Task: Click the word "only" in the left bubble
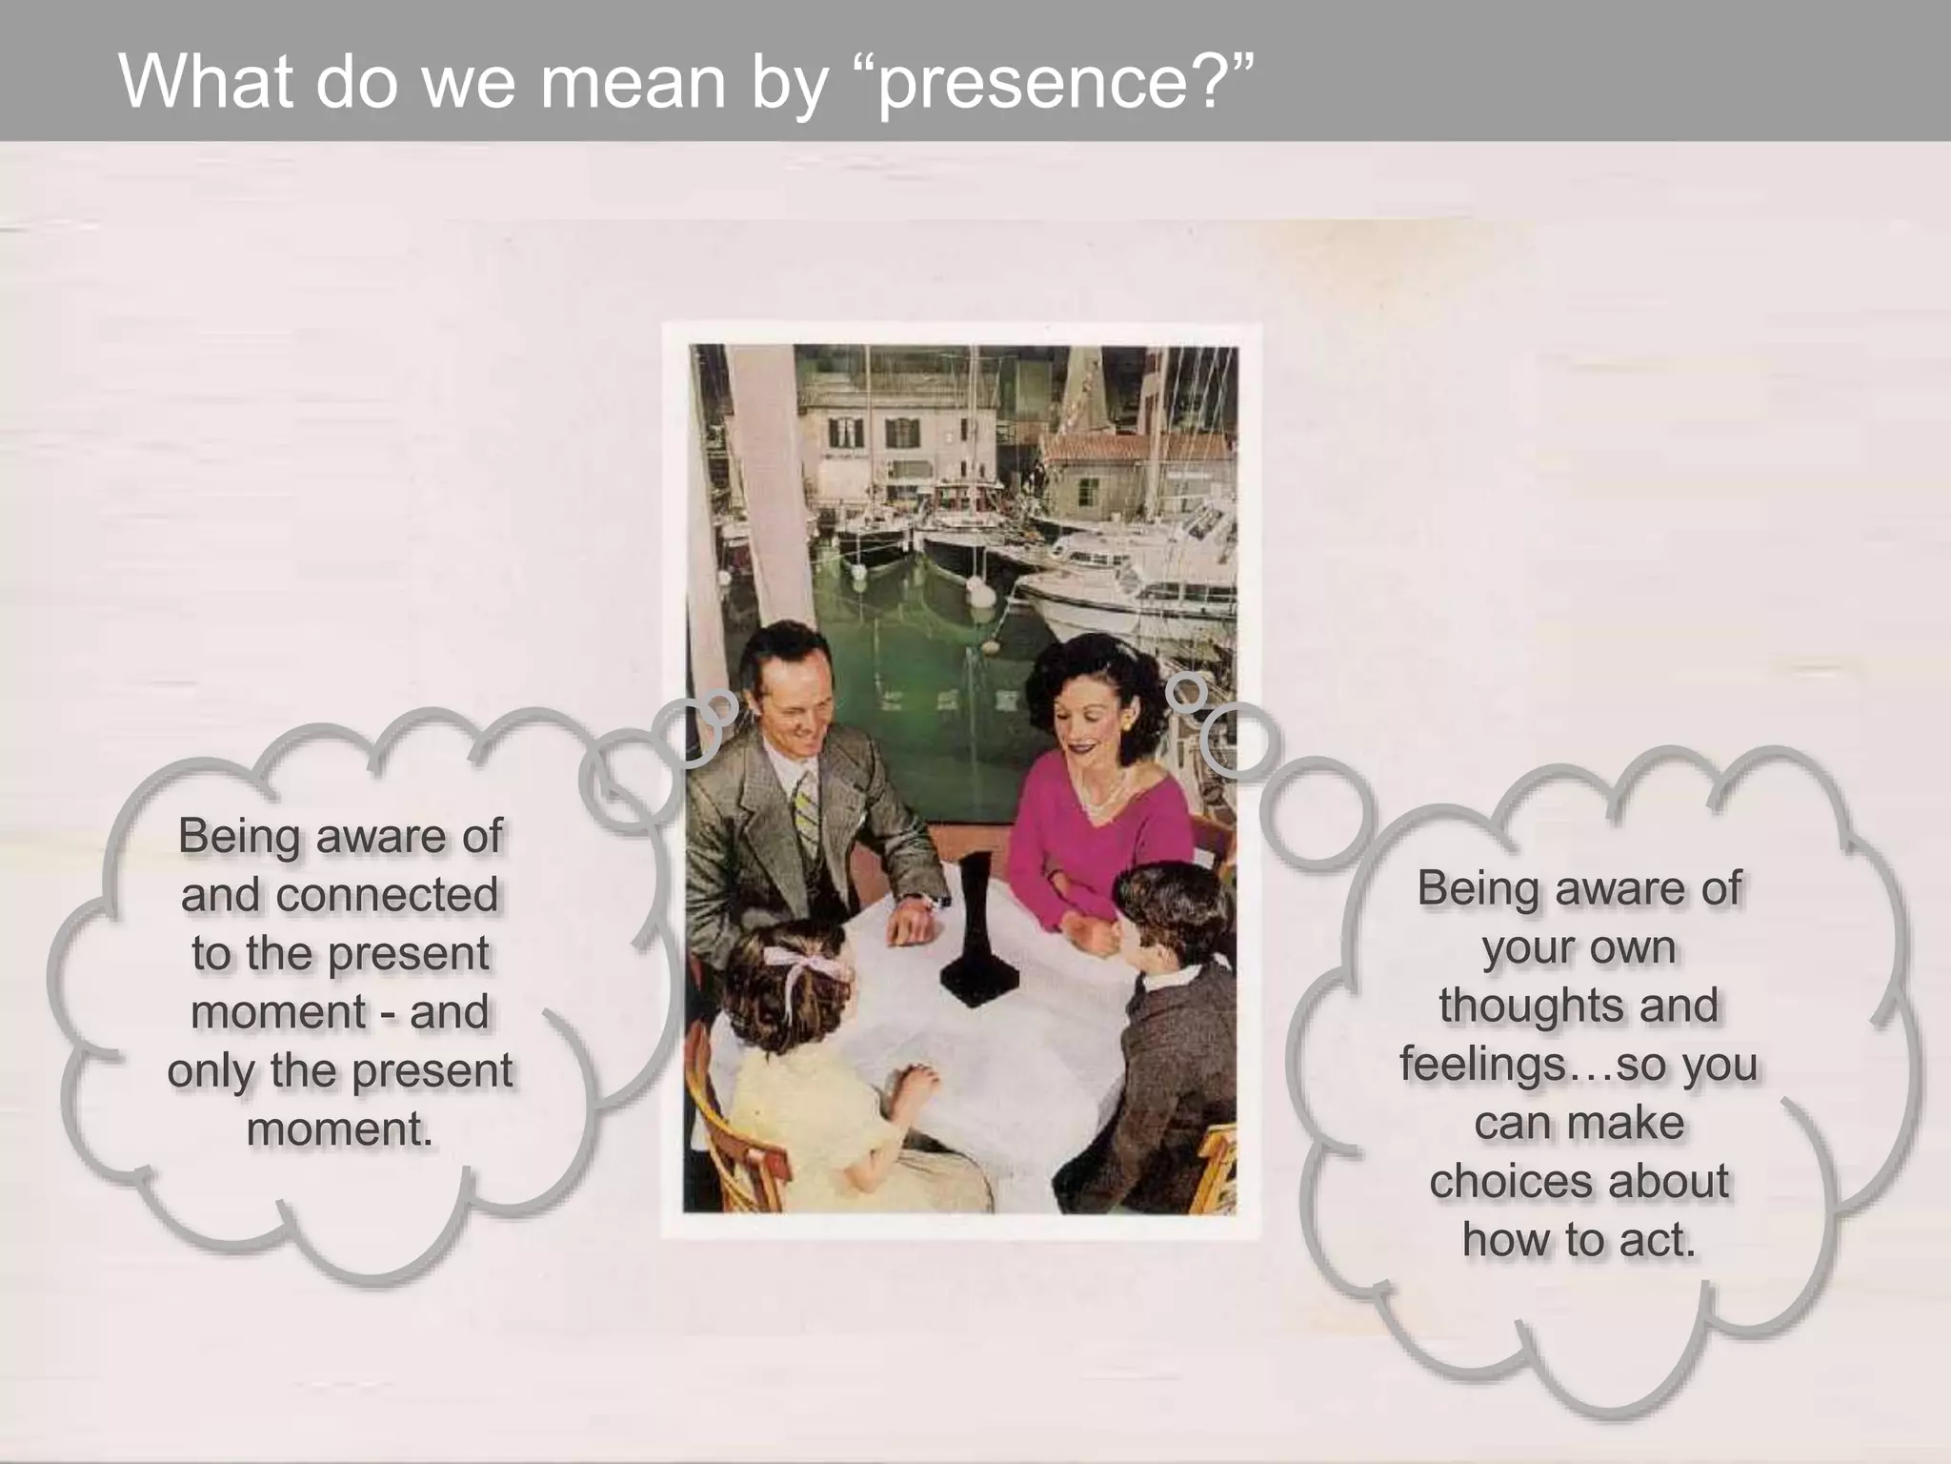coord(211,1070)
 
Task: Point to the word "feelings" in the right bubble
coord(1482,1064)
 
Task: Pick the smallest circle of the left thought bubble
coord(721,706)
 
